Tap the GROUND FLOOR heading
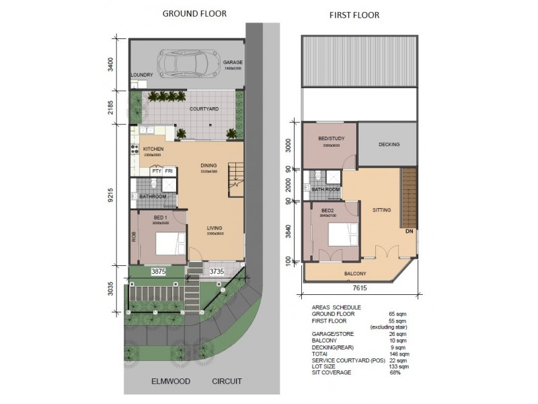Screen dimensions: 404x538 pos(195,13)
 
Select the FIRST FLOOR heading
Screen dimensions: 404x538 pos(354,15)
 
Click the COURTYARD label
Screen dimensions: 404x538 pos(203,108)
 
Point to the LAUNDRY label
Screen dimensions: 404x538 pos(142,75)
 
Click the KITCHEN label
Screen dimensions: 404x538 pos(154,148)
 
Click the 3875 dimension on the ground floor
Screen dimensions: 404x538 pos(158,271)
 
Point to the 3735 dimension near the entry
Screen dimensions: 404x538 pos(216,271)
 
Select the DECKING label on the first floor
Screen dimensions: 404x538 pos(389,145)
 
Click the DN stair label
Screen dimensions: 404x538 pos(410,231)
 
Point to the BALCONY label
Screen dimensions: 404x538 pos(355,273)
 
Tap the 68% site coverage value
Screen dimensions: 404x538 pos(395,372)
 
